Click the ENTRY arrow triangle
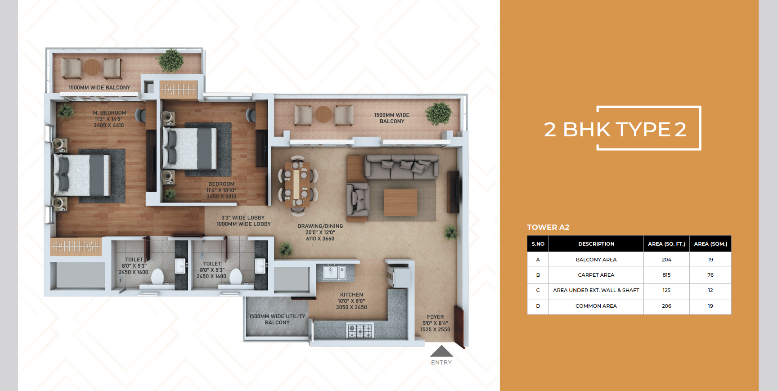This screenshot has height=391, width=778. (441, 351)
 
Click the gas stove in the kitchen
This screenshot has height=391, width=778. (360, 331)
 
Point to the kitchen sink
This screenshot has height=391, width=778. (334, 272)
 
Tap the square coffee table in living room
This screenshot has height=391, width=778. (400, 203)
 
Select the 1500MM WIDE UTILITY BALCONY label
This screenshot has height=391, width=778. (277, 319)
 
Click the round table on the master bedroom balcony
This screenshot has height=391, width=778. (92, 67)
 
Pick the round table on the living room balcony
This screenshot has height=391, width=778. (324, 114)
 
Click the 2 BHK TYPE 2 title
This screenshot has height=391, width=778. (615, 130)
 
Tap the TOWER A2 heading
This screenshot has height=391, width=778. (548, 227)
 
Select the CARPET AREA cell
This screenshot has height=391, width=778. (596, 275)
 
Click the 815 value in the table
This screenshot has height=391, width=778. (666, 275)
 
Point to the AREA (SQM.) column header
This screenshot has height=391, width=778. (711, 244)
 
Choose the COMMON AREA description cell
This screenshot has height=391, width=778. (596, 306)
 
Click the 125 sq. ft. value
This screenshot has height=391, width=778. (666, 290)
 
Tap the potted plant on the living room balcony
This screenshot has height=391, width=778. (439, 114)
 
